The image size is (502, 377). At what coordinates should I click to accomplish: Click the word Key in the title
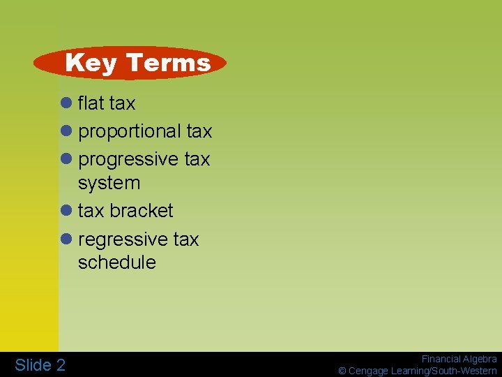[91, 63]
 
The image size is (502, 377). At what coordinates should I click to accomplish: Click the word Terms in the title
[168, 63]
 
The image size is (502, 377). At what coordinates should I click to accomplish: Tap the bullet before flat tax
[67, 103]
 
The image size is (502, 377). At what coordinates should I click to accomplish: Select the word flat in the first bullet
[91, 103]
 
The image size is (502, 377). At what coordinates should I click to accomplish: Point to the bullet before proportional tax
[67, 131]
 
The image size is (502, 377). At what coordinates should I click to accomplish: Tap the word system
[109, 183]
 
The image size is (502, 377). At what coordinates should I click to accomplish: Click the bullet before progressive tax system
[67, 159]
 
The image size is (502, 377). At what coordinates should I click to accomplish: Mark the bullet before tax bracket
[67, 210]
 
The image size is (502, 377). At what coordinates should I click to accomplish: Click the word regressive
[123, 239]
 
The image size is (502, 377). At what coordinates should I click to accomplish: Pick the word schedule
[116, 263]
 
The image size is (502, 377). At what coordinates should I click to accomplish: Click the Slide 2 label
[40, 364]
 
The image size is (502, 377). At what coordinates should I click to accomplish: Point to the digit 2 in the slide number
[61, 364]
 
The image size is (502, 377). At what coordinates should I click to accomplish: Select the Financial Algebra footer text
[459, 359]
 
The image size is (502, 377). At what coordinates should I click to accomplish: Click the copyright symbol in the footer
[342, 371]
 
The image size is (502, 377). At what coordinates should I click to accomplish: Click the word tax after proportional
[199, 131]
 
